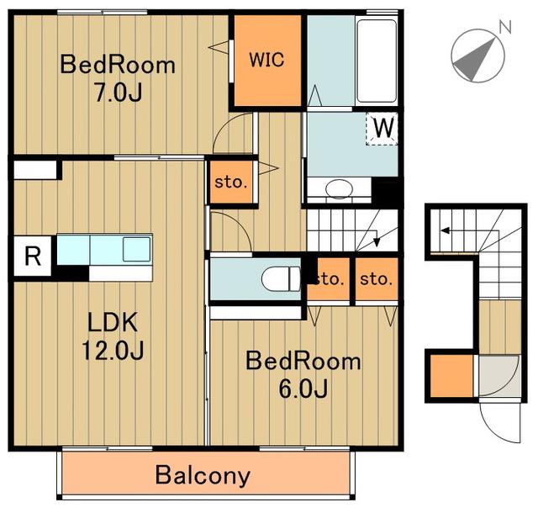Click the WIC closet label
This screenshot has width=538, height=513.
pyautogui.click(x=266, y=60)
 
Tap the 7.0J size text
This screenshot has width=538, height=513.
pyautogui.click(x=119, y=93)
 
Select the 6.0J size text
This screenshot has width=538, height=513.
pyautogui.click(x=303, y=389)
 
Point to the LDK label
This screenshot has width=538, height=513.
pyautogui.click(x=113, y=322)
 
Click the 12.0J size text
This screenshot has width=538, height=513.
pyautogui.click(x=113, y=350)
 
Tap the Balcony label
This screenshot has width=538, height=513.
pyautogui.click(x=203, y=476)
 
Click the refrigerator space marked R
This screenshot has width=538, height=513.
pyautogui.click(x=33, y=256)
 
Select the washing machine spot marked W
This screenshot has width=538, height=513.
pyautogui.click(x=382, y=129)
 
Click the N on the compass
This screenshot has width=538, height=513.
pyautogui.click(x=505, y=27)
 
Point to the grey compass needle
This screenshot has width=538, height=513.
pyautogui.click(x=475, y=60)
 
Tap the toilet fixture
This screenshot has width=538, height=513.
pyautogui.click(x=281, y=279)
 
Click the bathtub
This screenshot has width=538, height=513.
pyautogui.click(x=377, y=61)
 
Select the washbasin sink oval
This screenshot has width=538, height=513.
pyautogui.click(x=339, y=188)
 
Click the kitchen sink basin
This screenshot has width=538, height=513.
pyautogui.click(x=136, y=249)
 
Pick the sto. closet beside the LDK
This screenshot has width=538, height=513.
pyautogui.click(x=231, y=182)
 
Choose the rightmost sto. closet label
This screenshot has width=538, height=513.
pyautogui.click(x=376, y=279)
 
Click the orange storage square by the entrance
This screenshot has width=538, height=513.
pyautogui.click(x=451, y=376)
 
